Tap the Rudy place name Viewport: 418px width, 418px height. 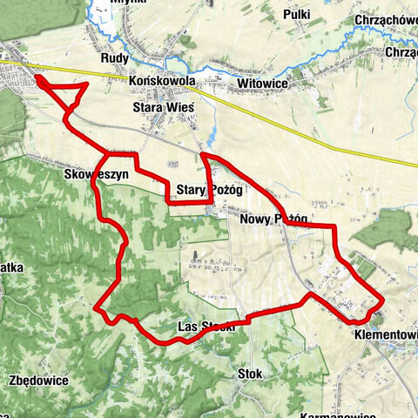pyautogui.click(x=115, y=59)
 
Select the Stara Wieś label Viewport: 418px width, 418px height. pyautogui.click(x=162, y=104)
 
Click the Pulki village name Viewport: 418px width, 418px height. pyautogui.click(x=297, y=15)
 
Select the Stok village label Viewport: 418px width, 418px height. pyautogui.click(x=250, y=373)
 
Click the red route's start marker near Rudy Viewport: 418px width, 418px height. pyautogui.click(x=39, y=81)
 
